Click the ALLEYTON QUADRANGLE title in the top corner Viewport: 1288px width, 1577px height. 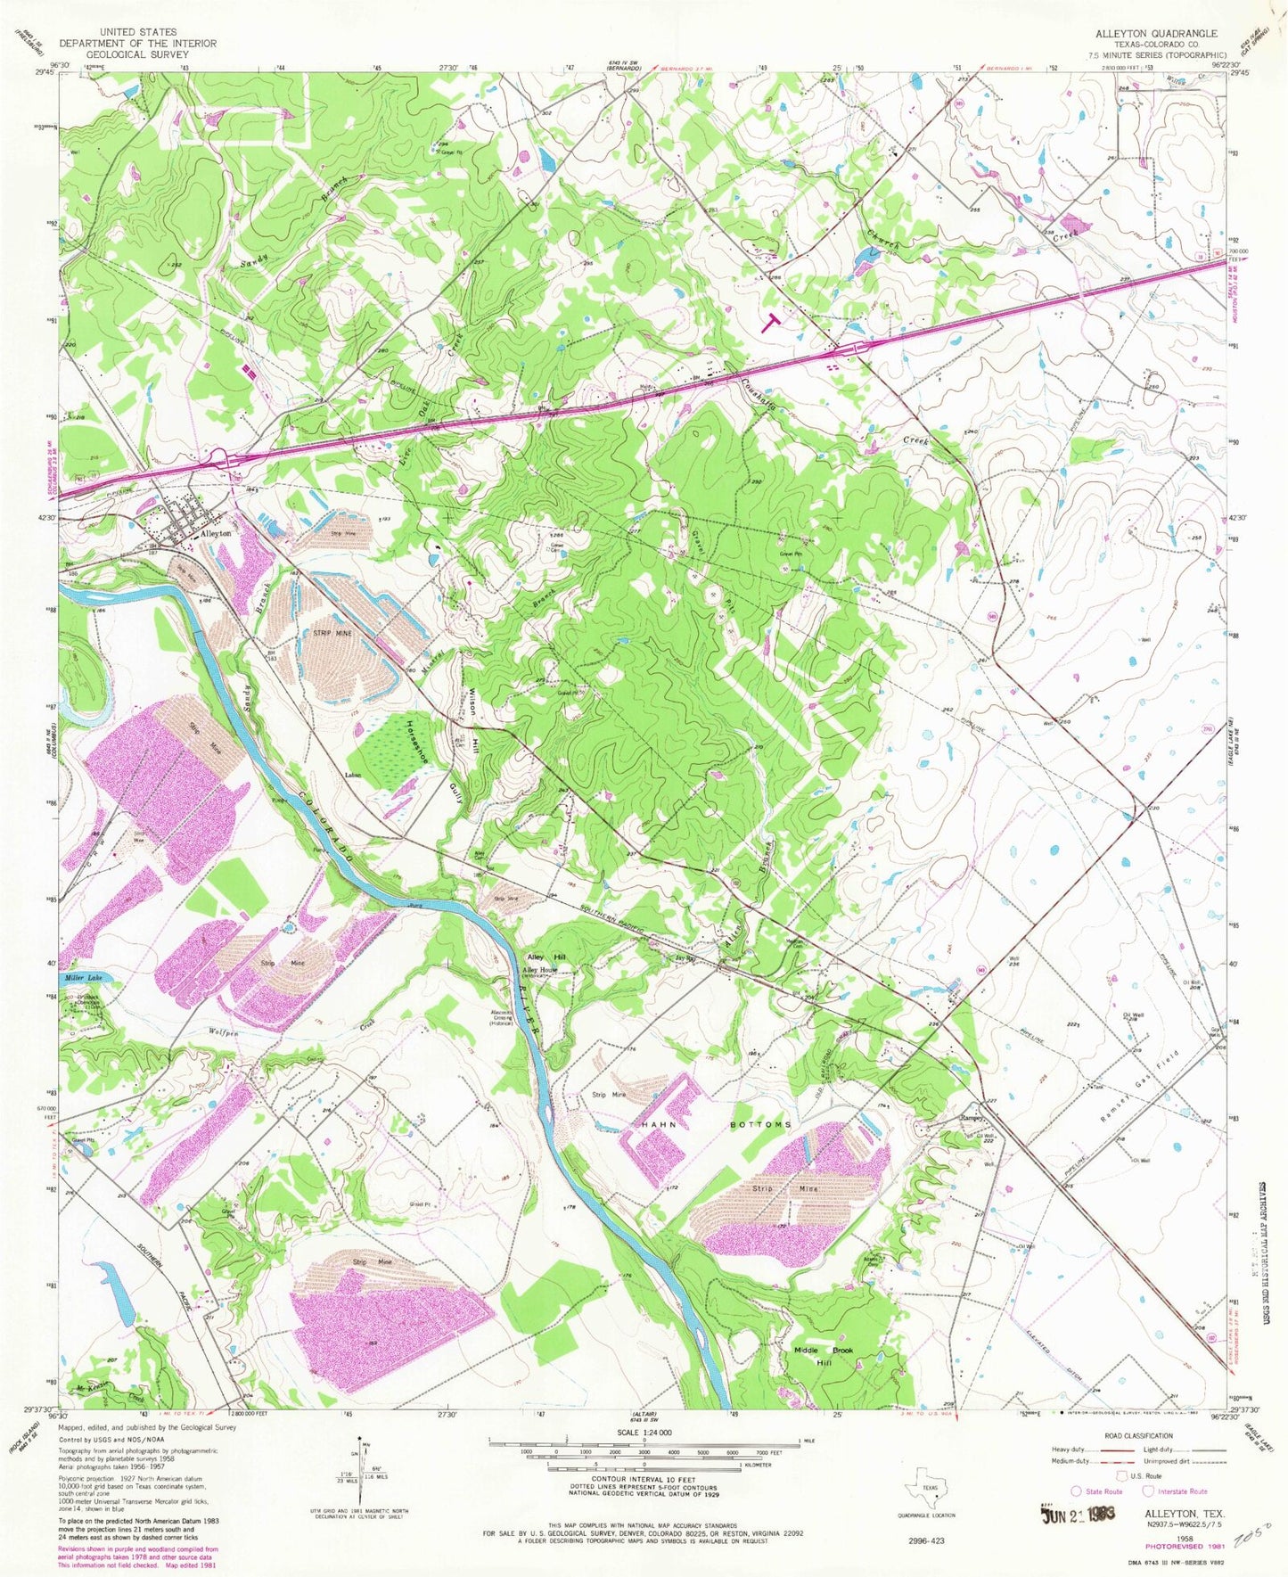coord(1150,32)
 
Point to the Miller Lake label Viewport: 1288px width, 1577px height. coord(83,978)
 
